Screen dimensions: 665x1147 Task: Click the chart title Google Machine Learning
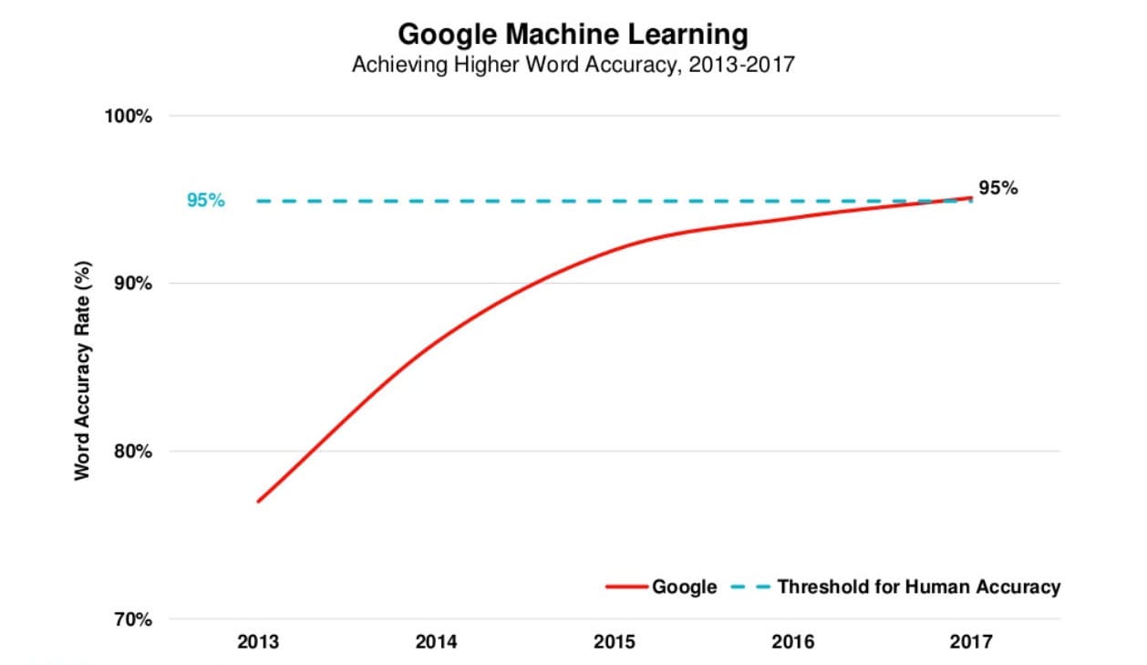(x=573, y=35)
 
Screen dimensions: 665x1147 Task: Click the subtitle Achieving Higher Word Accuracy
(x=573, y=66)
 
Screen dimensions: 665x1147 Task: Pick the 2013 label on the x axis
(x=259, y=641)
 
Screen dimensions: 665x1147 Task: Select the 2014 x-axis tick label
(x=437, y=641)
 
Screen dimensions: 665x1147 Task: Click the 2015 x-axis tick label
(x=615, y=641)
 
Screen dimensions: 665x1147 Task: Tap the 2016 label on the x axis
(x=792, y=641)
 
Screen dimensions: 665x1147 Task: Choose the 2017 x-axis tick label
(x=970, y=641)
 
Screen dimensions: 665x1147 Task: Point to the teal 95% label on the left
(x=205, y=201)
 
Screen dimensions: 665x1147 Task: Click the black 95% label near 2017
(x=997, y=189)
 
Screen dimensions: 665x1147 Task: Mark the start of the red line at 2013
(x=259, y=501)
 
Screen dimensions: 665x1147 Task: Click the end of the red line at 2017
(x=970, y=197)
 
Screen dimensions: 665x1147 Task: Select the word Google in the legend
(x=684, y=587)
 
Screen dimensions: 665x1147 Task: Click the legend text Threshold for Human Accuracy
(x=918, y=587)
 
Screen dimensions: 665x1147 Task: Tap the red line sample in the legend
(x=627, y=587)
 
